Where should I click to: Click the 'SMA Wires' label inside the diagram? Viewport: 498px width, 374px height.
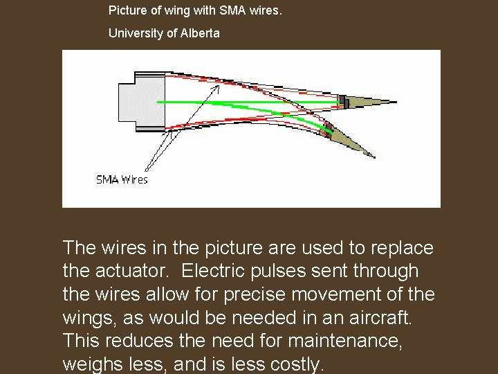tap(122, 180)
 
